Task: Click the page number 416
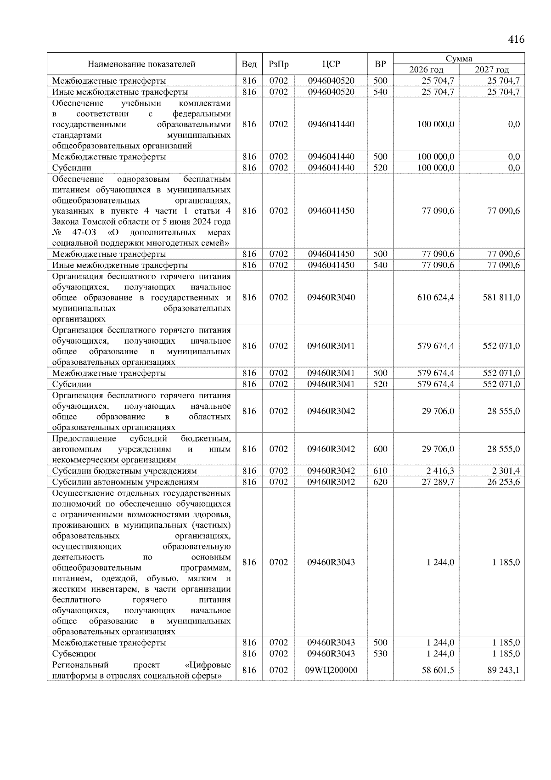(516, 40)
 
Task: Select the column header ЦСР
(331, 64)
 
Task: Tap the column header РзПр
(278, 64)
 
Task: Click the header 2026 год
(426, 70)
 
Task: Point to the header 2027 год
(492, 70)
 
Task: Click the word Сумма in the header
(459, 58)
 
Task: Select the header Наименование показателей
(141, 64)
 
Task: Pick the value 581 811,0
(501, 298)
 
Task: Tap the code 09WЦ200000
(331, 670)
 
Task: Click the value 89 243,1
(503, 670)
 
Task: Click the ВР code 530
(380, 654)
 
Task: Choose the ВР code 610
(380, 471)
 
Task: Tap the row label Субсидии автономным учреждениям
(125, 482)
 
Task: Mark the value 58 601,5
(438, 670)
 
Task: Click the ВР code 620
(380, 482)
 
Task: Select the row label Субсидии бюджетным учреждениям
(124, 471)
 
